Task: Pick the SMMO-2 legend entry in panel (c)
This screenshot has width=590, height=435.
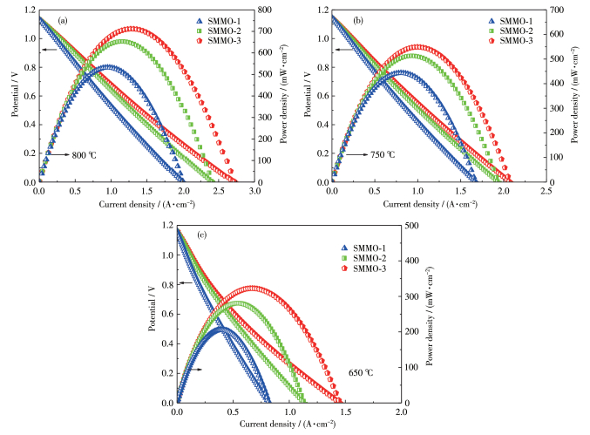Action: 363,257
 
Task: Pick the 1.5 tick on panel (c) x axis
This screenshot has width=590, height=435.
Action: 345,411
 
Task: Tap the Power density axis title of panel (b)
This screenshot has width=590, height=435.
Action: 579,99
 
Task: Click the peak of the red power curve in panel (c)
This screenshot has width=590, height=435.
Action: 253,288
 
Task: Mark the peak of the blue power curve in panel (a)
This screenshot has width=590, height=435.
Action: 108,66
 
